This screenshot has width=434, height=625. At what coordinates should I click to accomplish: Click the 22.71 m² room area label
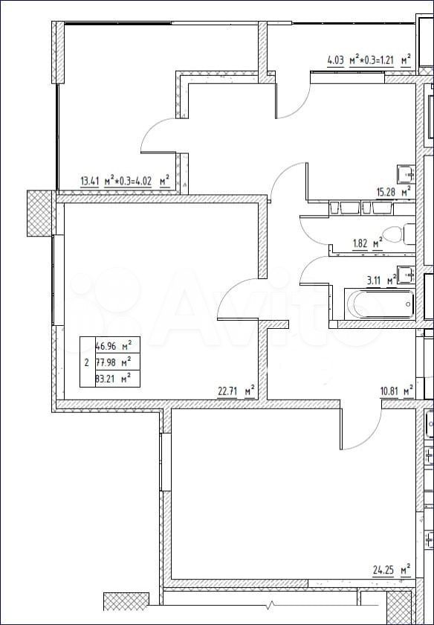(236, 391)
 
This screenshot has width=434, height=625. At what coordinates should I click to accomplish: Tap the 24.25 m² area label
(392, 570)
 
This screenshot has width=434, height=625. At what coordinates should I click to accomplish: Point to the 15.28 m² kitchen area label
(394, 192)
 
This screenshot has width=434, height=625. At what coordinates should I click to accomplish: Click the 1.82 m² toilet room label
(368, 243)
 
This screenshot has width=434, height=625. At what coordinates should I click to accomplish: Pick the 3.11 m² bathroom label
(381, 281)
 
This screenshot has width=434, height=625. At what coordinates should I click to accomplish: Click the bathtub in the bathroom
(380, 304)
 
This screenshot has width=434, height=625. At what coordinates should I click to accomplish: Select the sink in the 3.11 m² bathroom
(406, 275)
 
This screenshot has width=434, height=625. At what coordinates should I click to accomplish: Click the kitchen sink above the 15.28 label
(406, 174)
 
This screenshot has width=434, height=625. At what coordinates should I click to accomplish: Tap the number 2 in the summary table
(87, 363)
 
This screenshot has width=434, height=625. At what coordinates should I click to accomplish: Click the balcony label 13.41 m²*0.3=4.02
(125, 182)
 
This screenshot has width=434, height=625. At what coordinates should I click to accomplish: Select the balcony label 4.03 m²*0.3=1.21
(369, 61)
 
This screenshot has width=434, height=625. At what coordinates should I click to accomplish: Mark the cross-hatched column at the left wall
(40, 214)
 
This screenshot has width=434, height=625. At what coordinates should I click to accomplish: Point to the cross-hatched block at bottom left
(126, 601)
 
